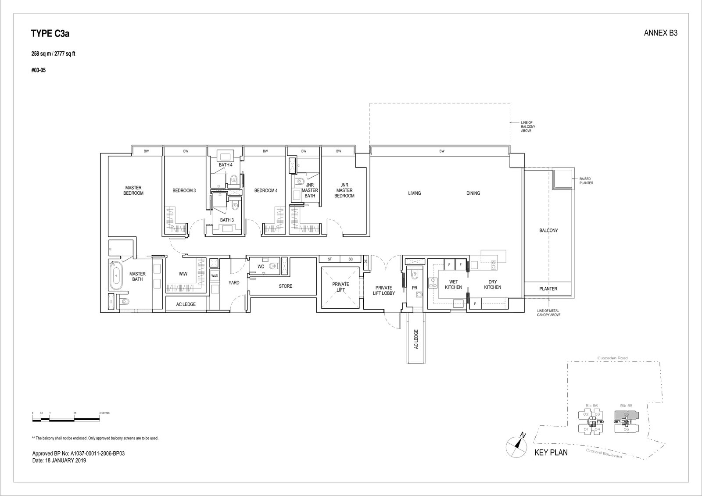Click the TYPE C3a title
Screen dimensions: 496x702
50,33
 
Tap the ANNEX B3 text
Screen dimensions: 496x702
660,33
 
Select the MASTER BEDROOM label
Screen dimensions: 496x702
133,190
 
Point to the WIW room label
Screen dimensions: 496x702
183,274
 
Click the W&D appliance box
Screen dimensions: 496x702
215,276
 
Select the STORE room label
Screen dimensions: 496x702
285,286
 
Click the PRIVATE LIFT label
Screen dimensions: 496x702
340,287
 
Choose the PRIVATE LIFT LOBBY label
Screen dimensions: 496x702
383,291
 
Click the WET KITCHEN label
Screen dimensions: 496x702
453,285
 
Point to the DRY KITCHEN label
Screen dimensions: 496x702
492,285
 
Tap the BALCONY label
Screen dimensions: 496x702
548,230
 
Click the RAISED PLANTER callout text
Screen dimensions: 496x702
586,181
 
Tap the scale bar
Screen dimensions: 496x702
66,419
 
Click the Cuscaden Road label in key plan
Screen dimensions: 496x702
612,358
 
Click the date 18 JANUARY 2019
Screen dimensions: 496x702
59,461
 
